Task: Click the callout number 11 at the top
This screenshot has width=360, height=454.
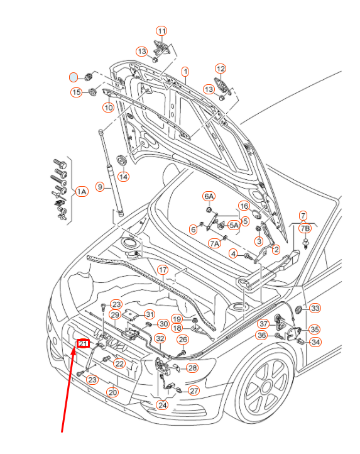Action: point(162,31)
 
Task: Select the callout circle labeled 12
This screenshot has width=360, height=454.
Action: point(221,69)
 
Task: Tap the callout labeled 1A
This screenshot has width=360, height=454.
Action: point(82,191)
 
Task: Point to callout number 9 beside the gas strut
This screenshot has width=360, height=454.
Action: point(99,186)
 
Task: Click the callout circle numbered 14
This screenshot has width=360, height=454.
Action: point(123,177)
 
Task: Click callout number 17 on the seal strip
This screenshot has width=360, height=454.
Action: point(163,270)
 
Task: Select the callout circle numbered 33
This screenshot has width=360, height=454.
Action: point(315,308)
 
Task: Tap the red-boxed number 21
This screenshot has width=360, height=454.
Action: point(83,343)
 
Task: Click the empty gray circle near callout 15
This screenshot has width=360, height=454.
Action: point(74,77)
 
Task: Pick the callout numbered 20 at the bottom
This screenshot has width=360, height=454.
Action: point(112,392)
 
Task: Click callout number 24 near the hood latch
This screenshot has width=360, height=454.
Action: point(162,404)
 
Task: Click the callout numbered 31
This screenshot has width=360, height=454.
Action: point(150,314)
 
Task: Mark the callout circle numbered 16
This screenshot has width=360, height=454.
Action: point(244,206)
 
